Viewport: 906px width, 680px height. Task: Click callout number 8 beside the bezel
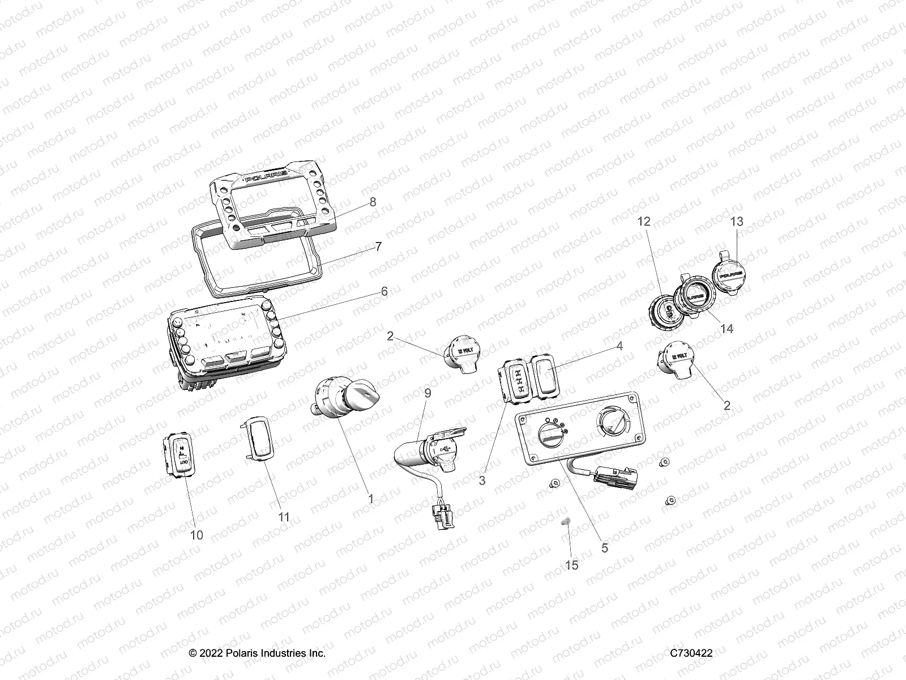tap(373, 202)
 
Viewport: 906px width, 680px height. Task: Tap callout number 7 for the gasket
tap(378, 246)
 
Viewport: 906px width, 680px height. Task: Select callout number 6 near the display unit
tap(384, 291)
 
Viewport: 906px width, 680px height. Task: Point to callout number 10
tap(196, 535)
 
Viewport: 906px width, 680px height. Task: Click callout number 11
tap(284, 517)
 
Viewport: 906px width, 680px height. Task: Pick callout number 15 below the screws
tap(572, 565)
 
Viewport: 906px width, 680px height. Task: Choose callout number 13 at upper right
tap(737, 222)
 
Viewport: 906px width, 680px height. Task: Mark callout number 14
tap(726, 329)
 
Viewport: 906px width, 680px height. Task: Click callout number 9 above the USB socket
tap(428, 392)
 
